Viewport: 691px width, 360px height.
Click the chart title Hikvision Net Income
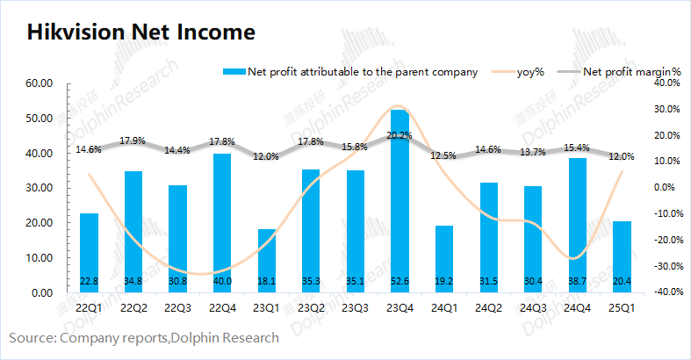(x=140, y=32)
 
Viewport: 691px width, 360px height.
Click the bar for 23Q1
(x=266, y=261)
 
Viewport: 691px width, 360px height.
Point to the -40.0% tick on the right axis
(x=663, y=292)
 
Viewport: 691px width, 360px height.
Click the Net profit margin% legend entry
(x=631, y=72)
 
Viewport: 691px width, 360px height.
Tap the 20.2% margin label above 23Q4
(x=399, y=135)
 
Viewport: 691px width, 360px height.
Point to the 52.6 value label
(x=399, y=281)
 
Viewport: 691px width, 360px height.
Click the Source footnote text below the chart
(x=144, y=338)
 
